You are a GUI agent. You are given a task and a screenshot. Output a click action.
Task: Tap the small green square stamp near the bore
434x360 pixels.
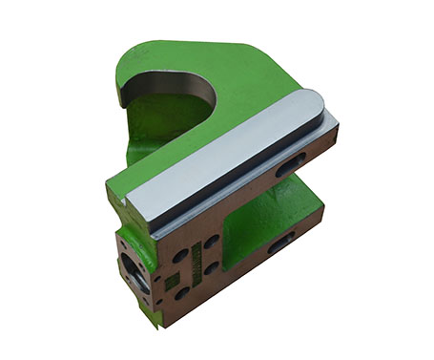[x=168, y=284]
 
